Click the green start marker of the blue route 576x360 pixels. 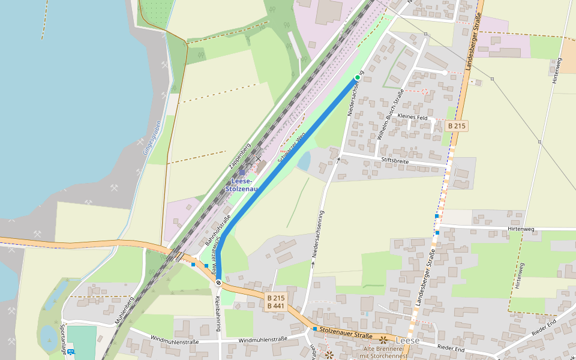tap(358, 77)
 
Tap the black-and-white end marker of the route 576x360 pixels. tap(219, 283)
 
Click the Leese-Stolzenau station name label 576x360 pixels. tap(242, 185)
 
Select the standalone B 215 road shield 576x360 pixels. tap(457, 126)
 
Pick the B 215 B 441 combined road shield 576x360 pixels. tap(276, 302)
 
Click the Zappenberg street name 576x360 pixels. tap(239, 156)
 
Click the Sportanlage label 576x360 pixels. tap(62, 337)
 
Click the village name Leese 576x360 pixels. tap(408, 340)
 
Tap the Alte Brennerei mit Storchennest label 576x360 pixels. tap(383, 352)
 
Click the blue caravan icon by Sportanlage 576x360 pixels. tap(71, 352)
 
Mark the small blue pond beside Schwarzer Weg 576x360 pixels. tap(304, 161)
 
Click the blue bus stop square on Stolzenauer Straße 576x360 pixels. tap(315, 329)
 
